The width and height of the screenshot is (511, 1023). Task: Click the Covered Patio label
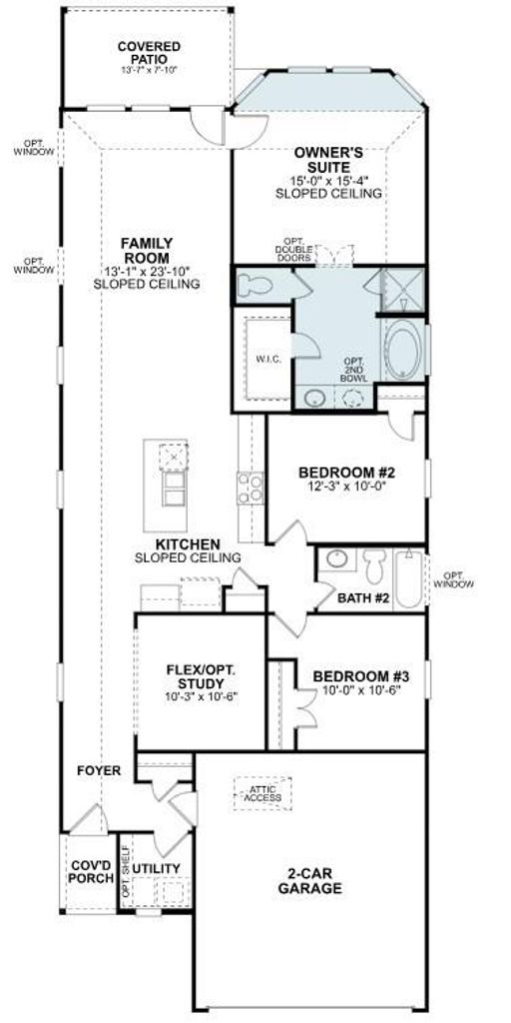pyautogui.click(x=150, y=52)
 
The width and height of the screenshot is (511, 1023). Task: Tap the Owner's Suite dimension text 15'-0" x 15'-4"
pyautogui.click(x=328, y=180)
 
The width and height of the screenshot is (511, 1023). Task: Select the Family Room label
pyautogui.click(x=147, y=250)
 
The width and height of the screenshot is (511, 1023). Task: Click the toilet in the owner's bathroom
pyautogui.click(x=255, y=286)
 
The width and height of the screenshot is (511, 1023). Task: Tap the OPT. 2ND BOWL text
pyautogui.click(x=357, y=370)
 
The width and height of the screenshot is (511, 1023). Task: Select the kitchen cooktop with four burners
pyautogui.click(x=250, y=489)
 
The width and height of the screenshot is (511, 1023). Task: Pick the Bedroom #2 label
pyautogui.click(x=347, y=472)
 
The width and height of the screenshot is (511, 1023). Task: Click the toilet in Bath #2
pyautogui.click(x=375, y=565)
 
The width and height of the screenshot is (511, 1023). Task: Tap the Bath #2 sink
pyautogui.click(x=337, y=559)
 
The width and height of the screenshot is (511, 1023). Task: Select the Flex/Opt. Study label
pyautogui.click(x=201, y=676)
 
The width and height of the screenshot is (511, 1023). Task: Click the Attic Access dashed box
pyautogui.click(x=262, y=793)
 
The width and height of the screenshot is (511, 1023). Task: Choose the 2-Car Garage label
pyautogui.click(x=310, y=880)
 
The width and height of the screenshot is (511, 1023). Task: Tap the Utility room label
pyautogui.click(x=157, y=868)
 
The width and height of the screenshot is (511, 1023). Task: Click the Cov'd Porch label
pyautogui.click(x=91, y=871)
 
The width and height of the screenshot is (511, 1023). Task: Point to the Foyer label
pyautogui.click(x=99, y=770)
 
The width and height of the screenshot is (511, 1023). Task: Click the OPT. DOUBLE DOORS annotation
pyautogui.click(x=294, y=249)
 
